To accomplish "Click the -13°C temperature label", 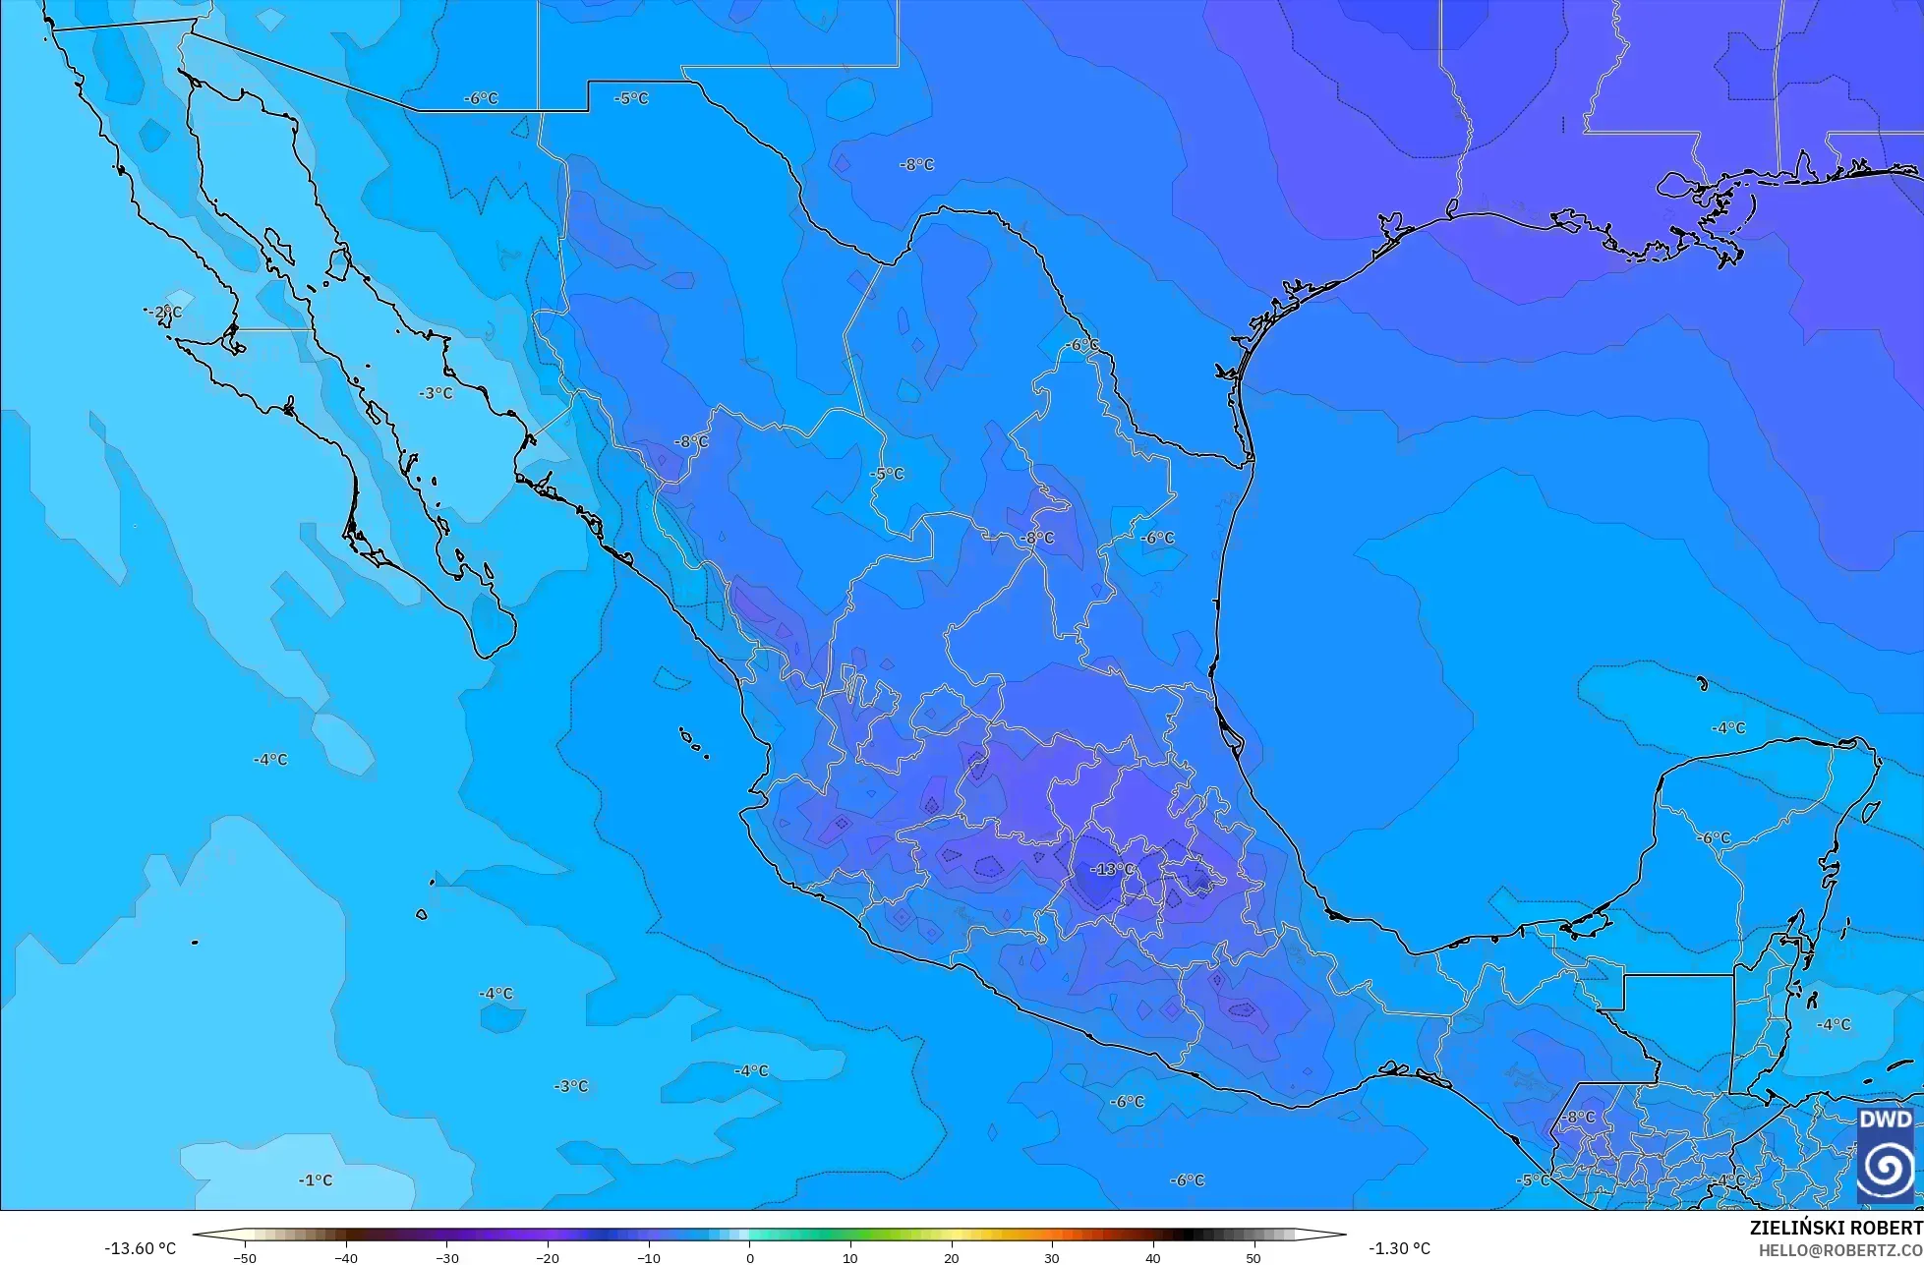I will click(1114, 869).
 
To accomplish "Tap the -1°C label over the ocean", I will click(316, 1179).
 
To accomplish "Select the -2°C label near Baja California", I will click(165, 313).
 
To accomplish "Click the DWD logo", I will click(1885, 1155).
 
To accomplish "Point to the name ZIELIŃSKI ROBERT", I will click(1836, 1229).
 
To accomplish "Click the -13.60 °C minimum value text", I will click(140, 1248).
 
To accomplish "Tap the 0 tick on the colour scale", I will click(749, 1257).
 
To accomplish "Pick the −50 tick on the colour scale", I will click(245, 1257).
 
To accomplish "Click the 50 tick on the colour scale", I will click(1253, 1257).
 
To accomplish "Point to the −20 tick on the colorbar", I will click(547, 1257).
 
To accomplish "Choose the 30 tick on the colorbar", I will click(1051, 1257).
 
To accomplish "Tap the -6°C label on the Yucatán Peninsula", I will click(1714, 837).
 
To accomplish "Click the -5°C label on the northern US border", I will click(631, 98).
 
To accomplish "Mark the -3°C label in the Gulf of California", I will click(436, 393).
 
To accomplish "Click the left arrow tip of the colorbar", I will click(195, 1235).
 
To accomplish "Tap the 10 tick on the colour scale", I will click(849, 1257).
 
